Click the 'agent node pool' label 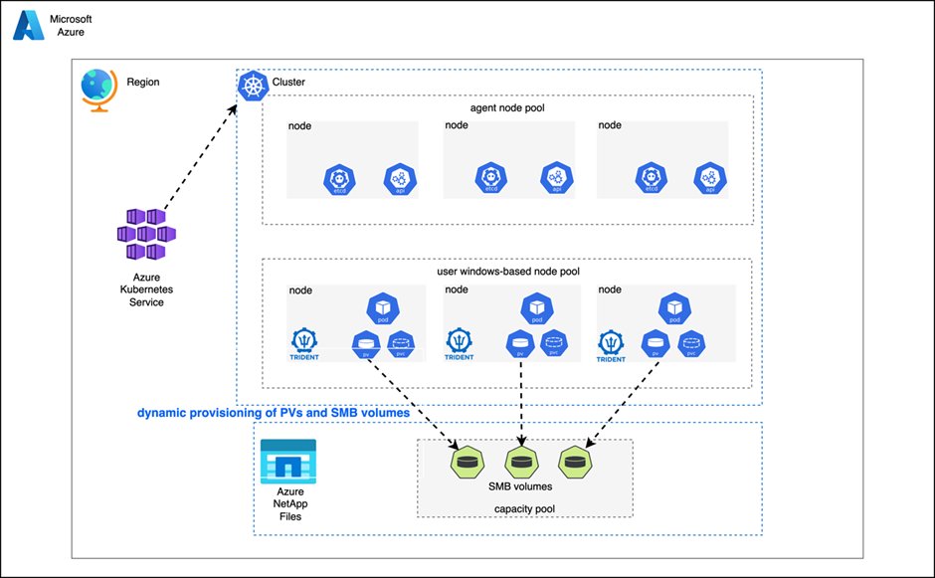coord(506,106)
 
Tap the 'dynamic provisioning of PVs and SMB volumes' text coord(273,412)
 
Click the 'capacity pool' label coord(523,508)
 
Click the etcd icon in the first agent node coord(339,179)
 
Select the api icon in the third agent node coord(710,179)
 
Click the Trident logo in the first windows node coord(304,343)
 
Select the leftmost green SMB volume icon coord(467,462)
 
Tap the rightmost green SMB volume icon coord(575,462)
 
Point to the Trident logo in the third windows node coord(612,343)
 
